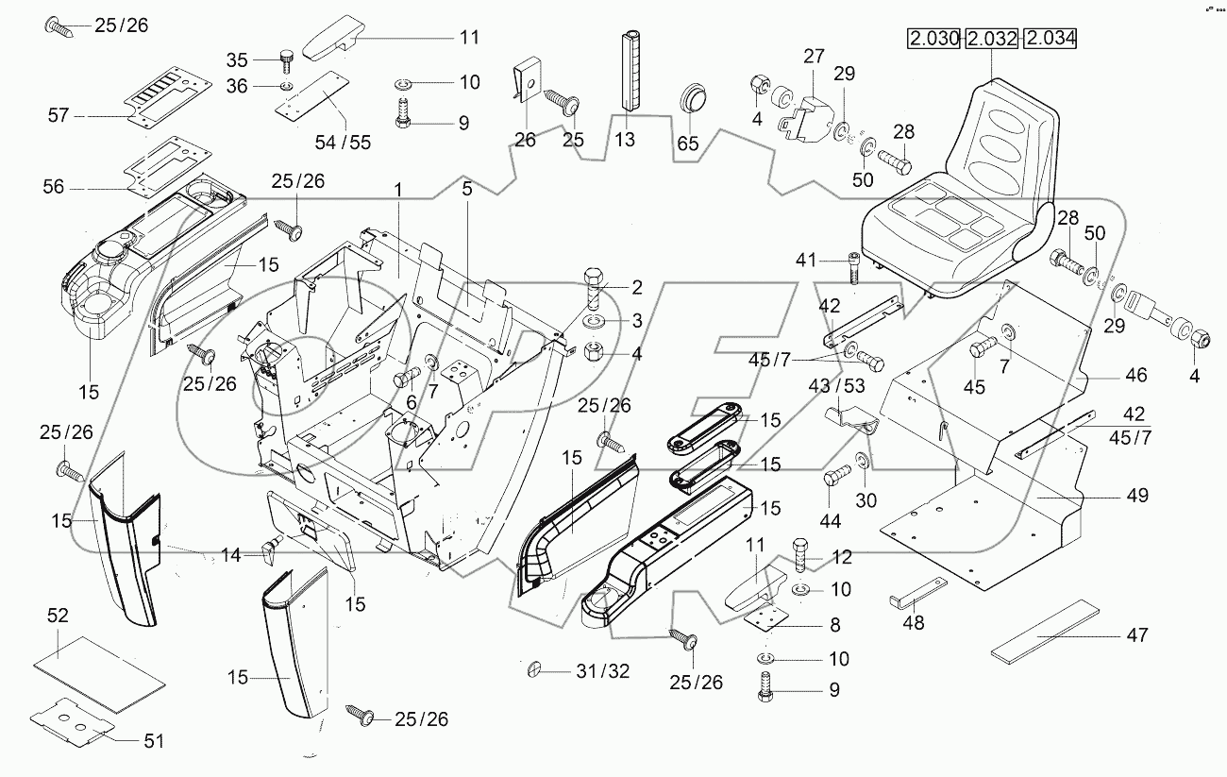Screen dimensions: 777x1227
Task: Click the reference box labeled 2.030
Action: click(x=933, y=40)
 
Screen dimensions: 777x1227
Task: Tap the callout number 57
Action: click(x=59, y=115)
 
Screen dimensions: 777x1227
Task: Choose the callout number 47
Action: click(x=1136, y=635)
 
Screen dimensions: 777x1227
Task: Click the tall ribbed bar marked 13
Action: click(x=631, y=71)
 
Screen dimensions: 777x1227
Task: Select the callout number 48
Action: click(x=913, y=623)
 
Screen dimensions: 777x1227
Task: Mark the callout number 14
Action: click(x=229, y=557)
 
